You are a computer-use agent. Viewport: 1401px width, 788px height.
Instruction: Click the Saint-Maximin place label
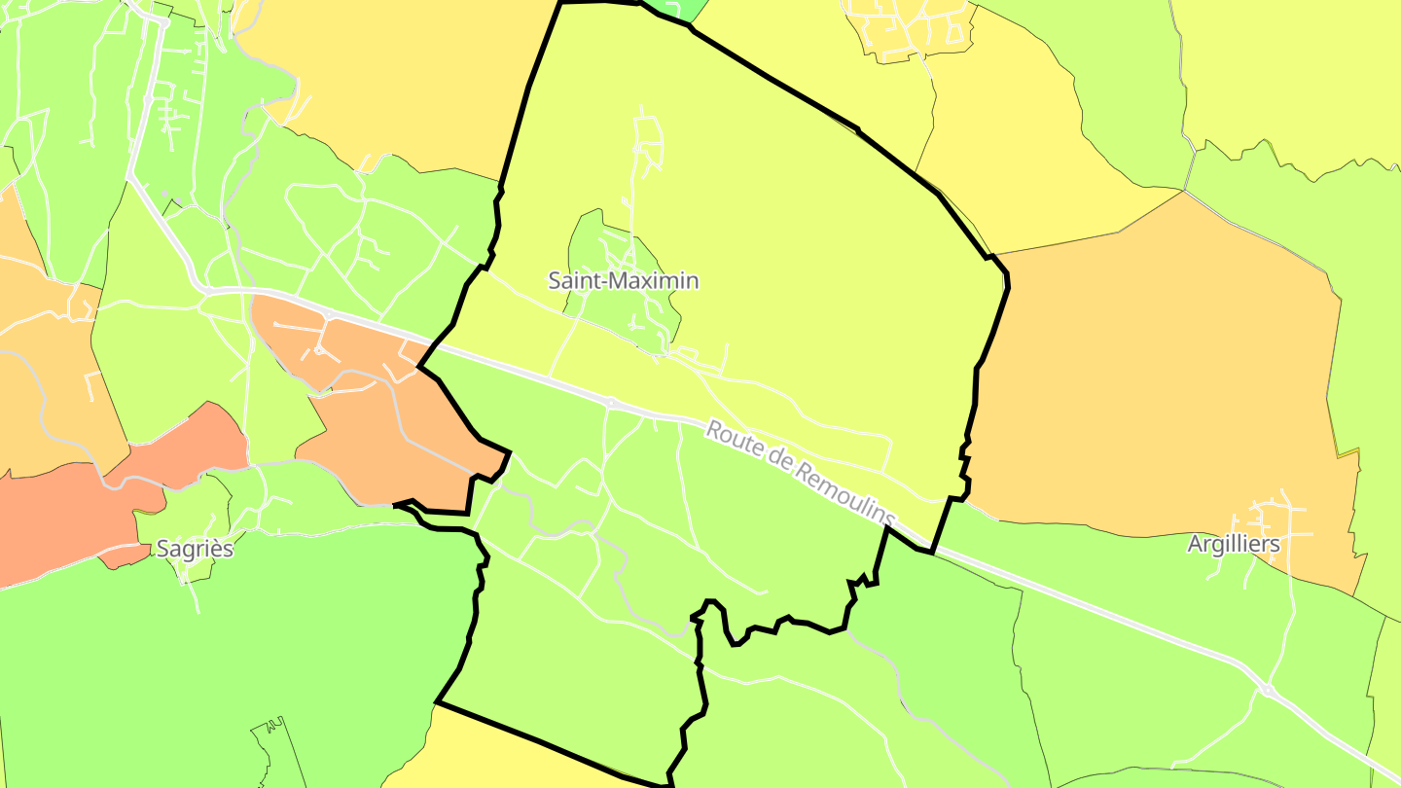click(x=624, y=281)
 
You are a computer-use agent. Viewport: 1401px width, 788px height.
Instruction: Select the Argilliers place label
click(x=1234, y=544)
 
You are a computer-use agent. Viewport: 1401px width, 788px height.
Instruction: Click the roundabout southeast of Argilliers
click(x=1267, y=690)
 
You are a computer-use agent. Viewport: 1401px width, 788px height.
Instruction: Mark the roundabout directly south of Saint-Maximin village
click(x=611, y=402)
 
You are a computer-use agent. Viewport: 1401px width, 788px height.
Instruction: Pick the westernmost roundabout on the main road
click(x=208, y=290)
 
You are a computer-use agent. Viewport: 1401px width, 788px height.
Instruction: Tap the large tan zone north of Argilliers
click(x=1158, y=389)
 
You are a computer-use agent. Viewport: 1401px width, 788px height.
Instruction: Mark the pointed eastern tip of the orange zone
click(x=509, y=451)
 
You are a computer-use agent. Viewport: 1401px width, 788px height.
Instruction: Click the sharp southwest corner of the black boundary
click(x=437, y=701)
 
